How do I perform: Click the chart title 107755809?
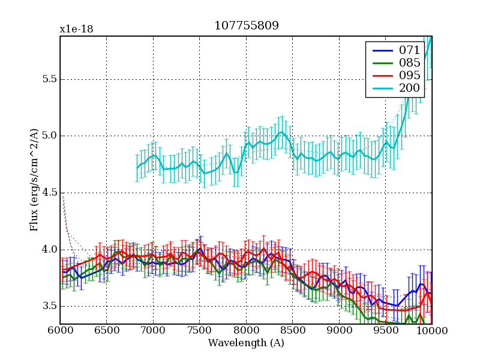click(246, 26)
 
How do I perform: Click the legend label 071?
click(410, 50)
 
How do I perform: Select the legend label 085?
click(410, 63)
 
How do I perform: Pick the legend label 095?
click(410, 76)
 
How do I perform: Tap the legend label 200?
click(410, 89)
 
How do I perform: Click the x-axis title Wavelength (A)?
click(246, 343)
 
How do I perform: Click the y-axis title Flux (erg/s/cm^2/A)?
click(34, 181)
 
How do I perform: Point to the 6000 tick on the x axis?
click(60, 331)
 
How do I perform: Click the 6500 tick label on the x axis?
click(106, 331)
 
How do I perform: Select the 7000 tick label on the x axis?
click(153, 331)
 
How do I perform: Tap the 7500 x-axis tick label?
click(199, 331)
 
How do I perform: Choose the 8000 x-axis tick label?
click(246, 331)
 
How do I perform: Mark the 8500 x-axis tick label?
click(292, 331)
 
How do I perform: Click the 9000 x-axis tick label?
click(339, 331)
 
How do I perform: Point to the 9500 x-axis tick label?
click(385, 331)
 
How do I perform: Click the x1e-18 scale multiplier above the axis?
click(76, 29)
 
